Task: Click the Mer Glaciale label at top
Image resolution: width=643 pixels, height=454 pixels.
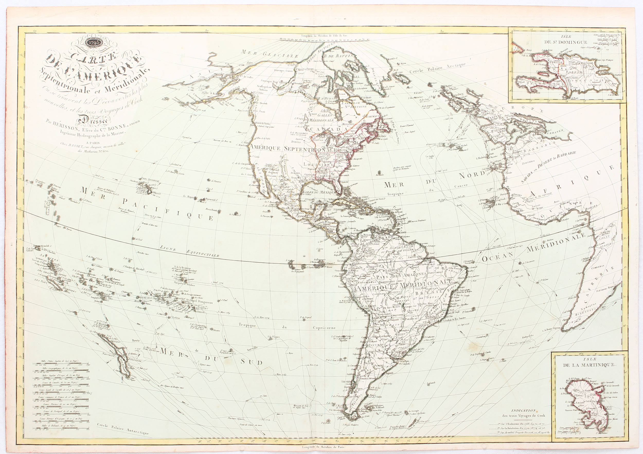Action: (x=270, y=54)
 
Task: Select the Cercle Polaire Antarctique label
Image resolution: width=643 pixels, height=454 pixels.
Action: (x=122, y=429)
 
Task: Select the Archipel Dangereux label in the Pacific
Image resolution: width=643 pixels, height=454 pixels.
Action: (x=199, y=303)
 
